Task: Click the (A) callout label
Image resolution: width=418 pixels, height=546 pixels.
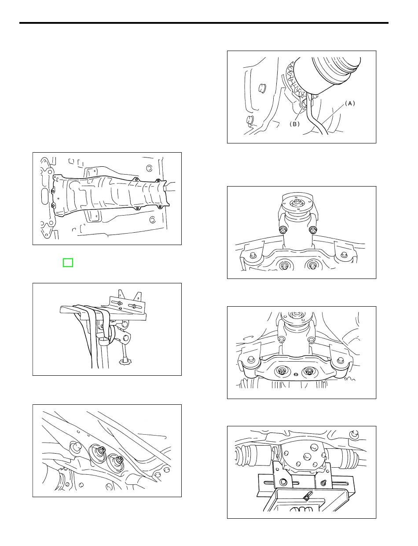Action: (350, 103)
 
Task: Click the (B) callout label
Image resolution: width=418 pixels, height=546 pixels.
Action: (294, 124)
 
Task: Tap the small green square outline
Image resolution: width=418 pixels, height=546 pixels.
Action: (68, 263)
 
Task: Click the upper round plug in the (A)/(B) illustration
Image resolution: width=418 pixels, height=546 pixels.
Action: (262, 88)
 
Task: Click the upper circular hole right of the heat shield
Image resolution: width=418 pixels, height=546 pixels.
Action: (150, 168)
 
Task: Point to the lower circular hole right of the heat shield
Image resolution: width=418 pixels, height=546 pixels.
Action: (152, 220)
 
